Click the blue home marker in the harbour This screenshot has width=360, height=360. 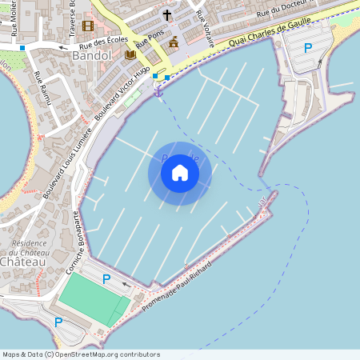pyautogui.click(x=180, y=173)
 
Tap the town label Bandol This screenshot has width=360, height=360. pyautogui.click(x=91, y=57)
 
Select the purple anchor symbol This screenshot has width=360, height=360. pyautogui.click(x=158, y=92)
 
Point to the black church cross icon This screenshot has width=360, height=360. pyautogui.click(x=167, y=15)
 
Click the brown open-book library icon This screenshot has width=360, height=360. pyautogui.click(x=130, y=54)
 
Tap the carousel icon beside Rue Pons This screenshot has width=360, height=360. pyautogui.click(x=173, y=42)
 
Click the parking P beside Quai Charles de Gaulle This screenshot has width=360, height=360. pyautogui.click(x=308, y=48)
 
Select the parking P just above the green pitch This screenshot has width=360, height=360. pyautogui.click(x=106, y=278)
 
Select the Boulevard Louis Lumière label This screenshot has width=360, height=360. pyautogui.click(x=61, y=165)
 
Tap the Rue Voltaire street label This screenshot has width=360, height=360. pyautogui.click(x=205, y=31)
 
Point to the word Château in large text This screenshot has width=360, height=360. pyautogui.click(x=22, y=262)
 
